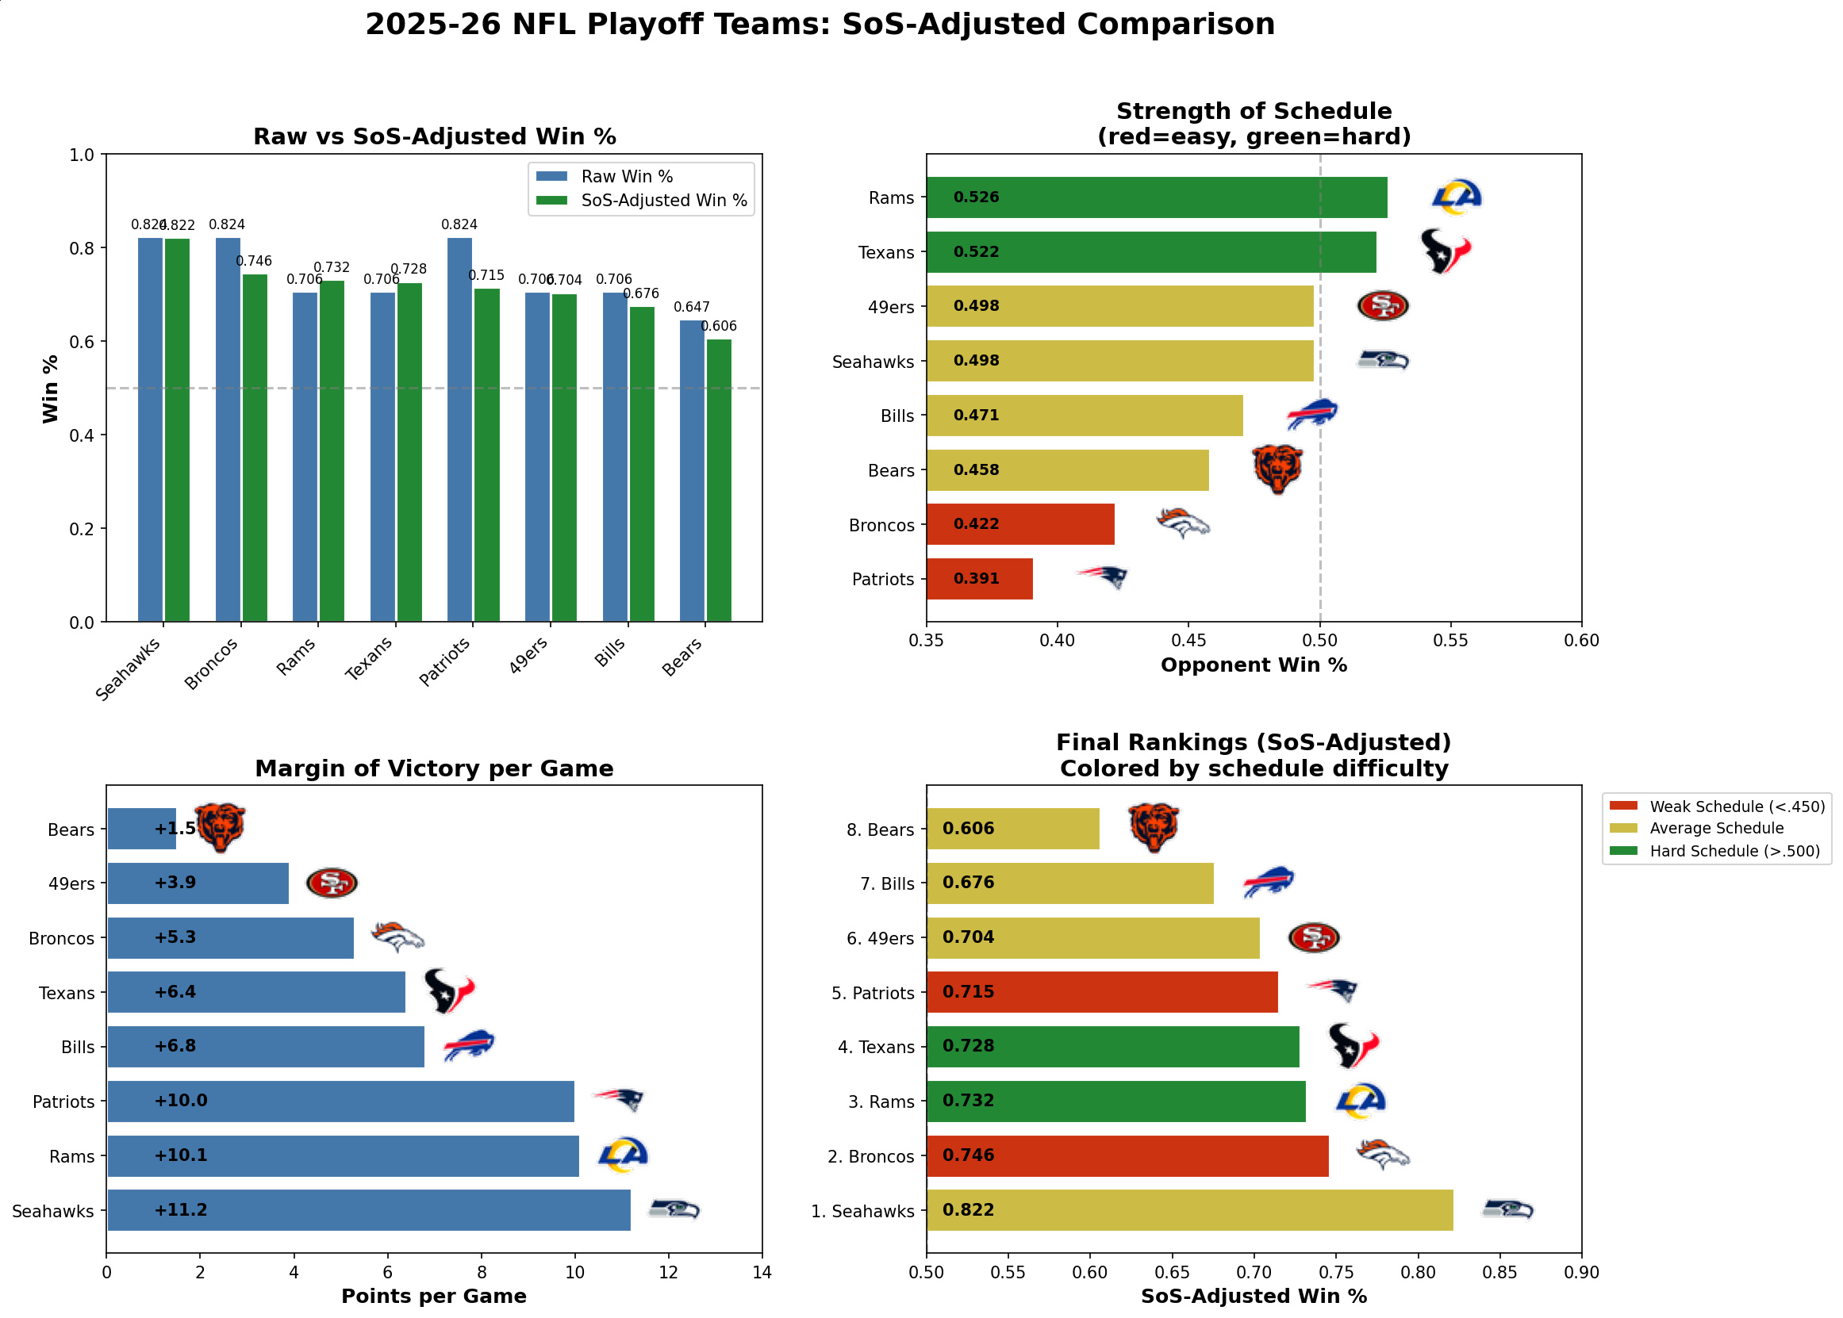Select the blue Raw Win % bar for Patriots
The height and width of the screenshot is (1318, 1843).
pyautogui.click(x=459, y=430)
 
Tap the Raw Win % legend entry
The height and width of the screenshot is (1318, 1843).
pyautogui.click(x=626, y=177)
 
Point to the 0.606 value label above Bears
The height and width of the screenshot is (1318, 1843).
pyautogui.click(x=719, y=326)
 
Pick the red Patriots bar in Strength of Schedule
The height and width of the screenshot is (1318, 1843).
pyautogui.click(x=979, y=579)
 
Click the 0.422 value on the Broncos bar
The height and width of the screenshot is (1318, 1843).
pyautogui.click(x=976, y=524)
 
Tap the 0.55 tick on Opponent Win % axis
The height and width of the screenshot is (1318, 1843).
pyautogui.click(x=1451, y=640)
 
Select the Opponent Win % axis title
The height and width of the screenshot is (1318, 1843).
pyautogui.click(x=1254, y=665)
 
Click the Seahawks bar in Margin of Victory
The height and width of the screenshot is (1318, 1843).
pyautogui.click(x=370, y=1210)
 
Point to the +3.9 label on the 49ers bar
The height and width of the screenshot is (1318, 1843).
pyautogui.click(x=175, y=883)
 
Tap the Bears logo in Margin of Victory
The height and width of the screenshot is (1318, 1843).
pyautogui.click(x=220, y=827)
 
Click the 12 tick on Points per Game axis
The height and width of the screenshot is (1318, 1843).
pyautogui.click(x=668, y=1273)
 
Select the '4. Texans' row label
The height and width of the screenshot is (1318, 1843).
pyautogui.click(x=876, y=1048)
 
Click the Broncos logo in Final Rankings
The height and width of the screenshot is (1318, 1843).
pyautogui.click(x=1383, y=1155)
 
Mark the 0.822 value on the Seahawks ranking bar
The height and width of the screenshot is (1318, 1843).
pyautogui.click(x=968, y=1210)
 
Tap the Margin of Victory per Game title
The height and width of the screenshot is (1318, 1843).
pyautogui.click(x=434, y=768)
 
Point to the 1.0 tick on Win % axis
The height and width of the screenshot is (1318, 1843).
pyautogui.click(x=82, y=155)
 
